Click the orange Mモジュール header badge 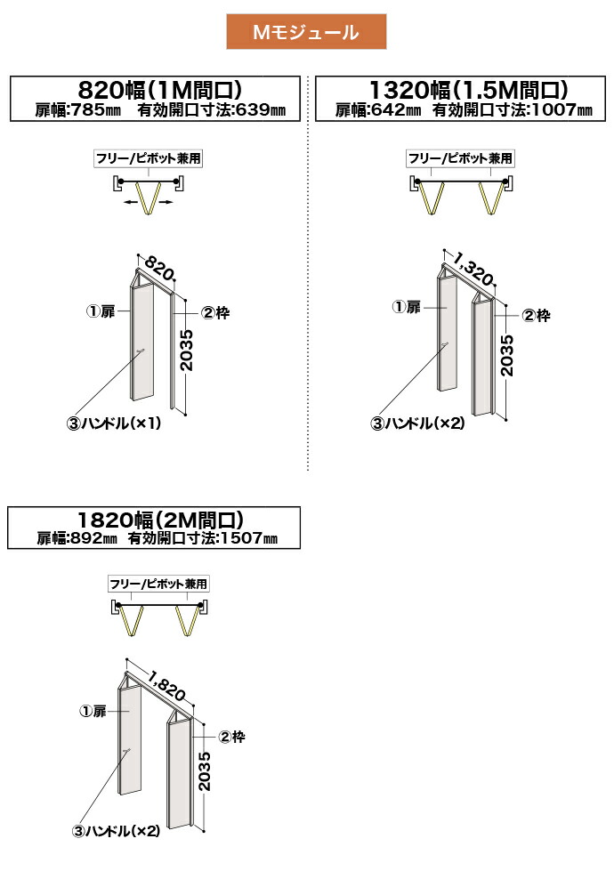305,33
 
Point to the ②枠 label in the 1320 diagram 536,315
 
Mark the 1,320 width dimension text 474,267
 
